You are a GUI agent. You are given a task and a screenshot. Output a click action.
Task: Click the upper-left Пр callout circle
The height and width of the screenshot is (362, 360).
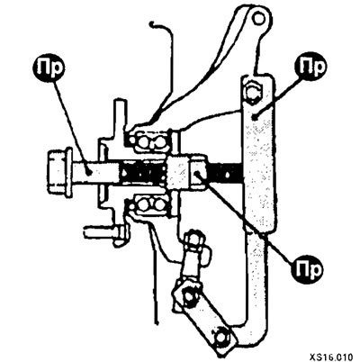tap(49, 69)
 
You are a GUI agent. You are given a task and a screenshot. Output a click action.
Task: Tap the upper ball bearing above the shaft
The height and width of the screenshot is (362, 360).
tap(149, 140)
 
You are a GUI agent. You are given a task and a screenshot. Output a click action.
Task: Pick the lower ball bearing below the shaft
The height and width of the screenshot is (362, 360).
tap(149, 204)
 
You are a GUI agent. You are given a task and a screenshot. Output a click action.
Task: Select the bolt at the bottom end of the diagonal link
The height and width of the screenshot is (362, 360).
tap(223, 338)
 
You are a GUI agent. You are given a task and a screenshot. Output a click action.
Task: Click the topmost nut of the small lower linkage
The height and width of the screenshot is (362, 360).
tap(194, 240)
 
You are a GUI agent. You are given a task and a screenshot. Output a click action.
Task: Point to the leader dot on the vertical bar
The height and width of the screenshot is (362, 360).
tap(255, 118)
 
